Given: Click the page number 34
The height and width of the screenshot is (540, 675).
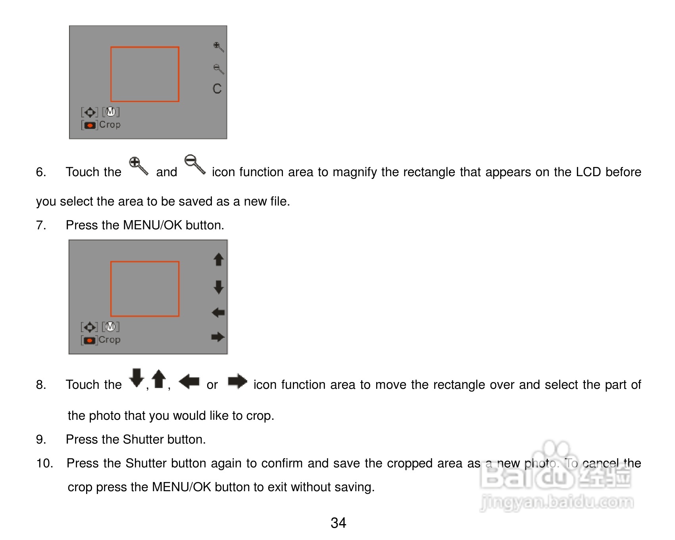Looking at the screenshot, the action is tap(338, 523).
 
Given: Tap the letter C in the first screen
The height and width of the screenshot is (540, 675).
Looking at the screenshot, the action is tap(217, 88).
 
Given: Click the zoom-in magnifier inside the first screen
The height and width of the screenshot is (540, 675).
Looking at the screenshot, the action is tap(218, 47).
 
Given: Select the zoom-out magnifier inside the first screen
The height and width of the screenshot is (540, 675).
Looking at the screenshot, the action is tap(218, 69).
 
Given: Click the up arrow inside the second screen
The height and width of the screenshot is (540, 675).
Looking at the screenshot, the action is tap(219, 259).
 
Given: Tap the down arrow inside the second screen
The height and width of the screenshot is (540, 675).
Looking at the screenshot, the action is tap(219, 287).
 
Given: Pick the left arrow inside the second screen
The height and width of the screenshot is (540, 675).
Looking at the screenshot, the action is tap(218, 313).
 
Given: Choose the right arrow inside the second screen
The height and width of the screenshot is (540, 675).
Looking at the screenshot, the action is tap(218, 337).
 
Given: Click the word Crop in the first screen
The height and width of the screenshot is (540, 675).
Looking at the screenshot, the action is tap(110, 125).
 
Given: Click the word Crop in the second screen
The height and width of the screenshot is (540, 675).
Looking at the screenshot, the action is tap(110, 340).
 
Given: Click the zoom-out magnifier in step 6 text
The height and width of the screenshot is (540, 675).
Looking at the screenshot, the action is tap(195, 164).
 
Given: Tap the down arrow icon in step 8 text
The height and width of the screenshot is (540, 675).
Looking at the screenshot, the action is tap(137, 378).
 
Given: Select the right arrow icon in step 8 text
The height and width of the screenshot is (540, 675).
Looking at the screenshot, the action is tap(237, 381).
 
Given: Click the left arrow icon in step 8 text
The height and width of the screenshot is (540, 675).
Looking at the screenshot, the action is tap(189, 382).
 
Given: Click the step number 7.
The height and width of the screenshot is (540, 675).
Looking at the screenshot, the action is tap(41, 225).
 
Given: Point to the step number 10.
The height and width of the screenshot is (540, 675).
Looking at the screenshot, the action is tap(45, 463).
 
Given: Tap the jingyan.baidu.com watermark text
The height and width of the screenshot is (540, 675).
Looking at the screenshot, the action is tap(557, 502).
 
